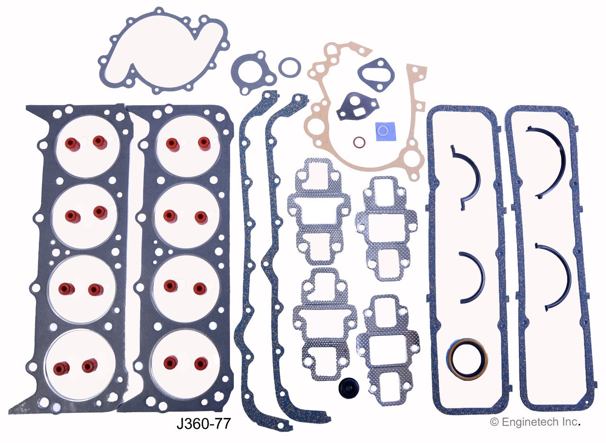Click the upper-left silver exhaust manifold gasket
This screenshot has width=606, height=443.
click(319, 211)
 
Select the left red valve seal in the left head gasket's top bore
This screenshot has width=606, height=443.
click(71, 142)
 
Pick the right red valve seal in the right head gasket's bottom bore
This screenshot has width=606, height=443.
click(200, 363)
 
